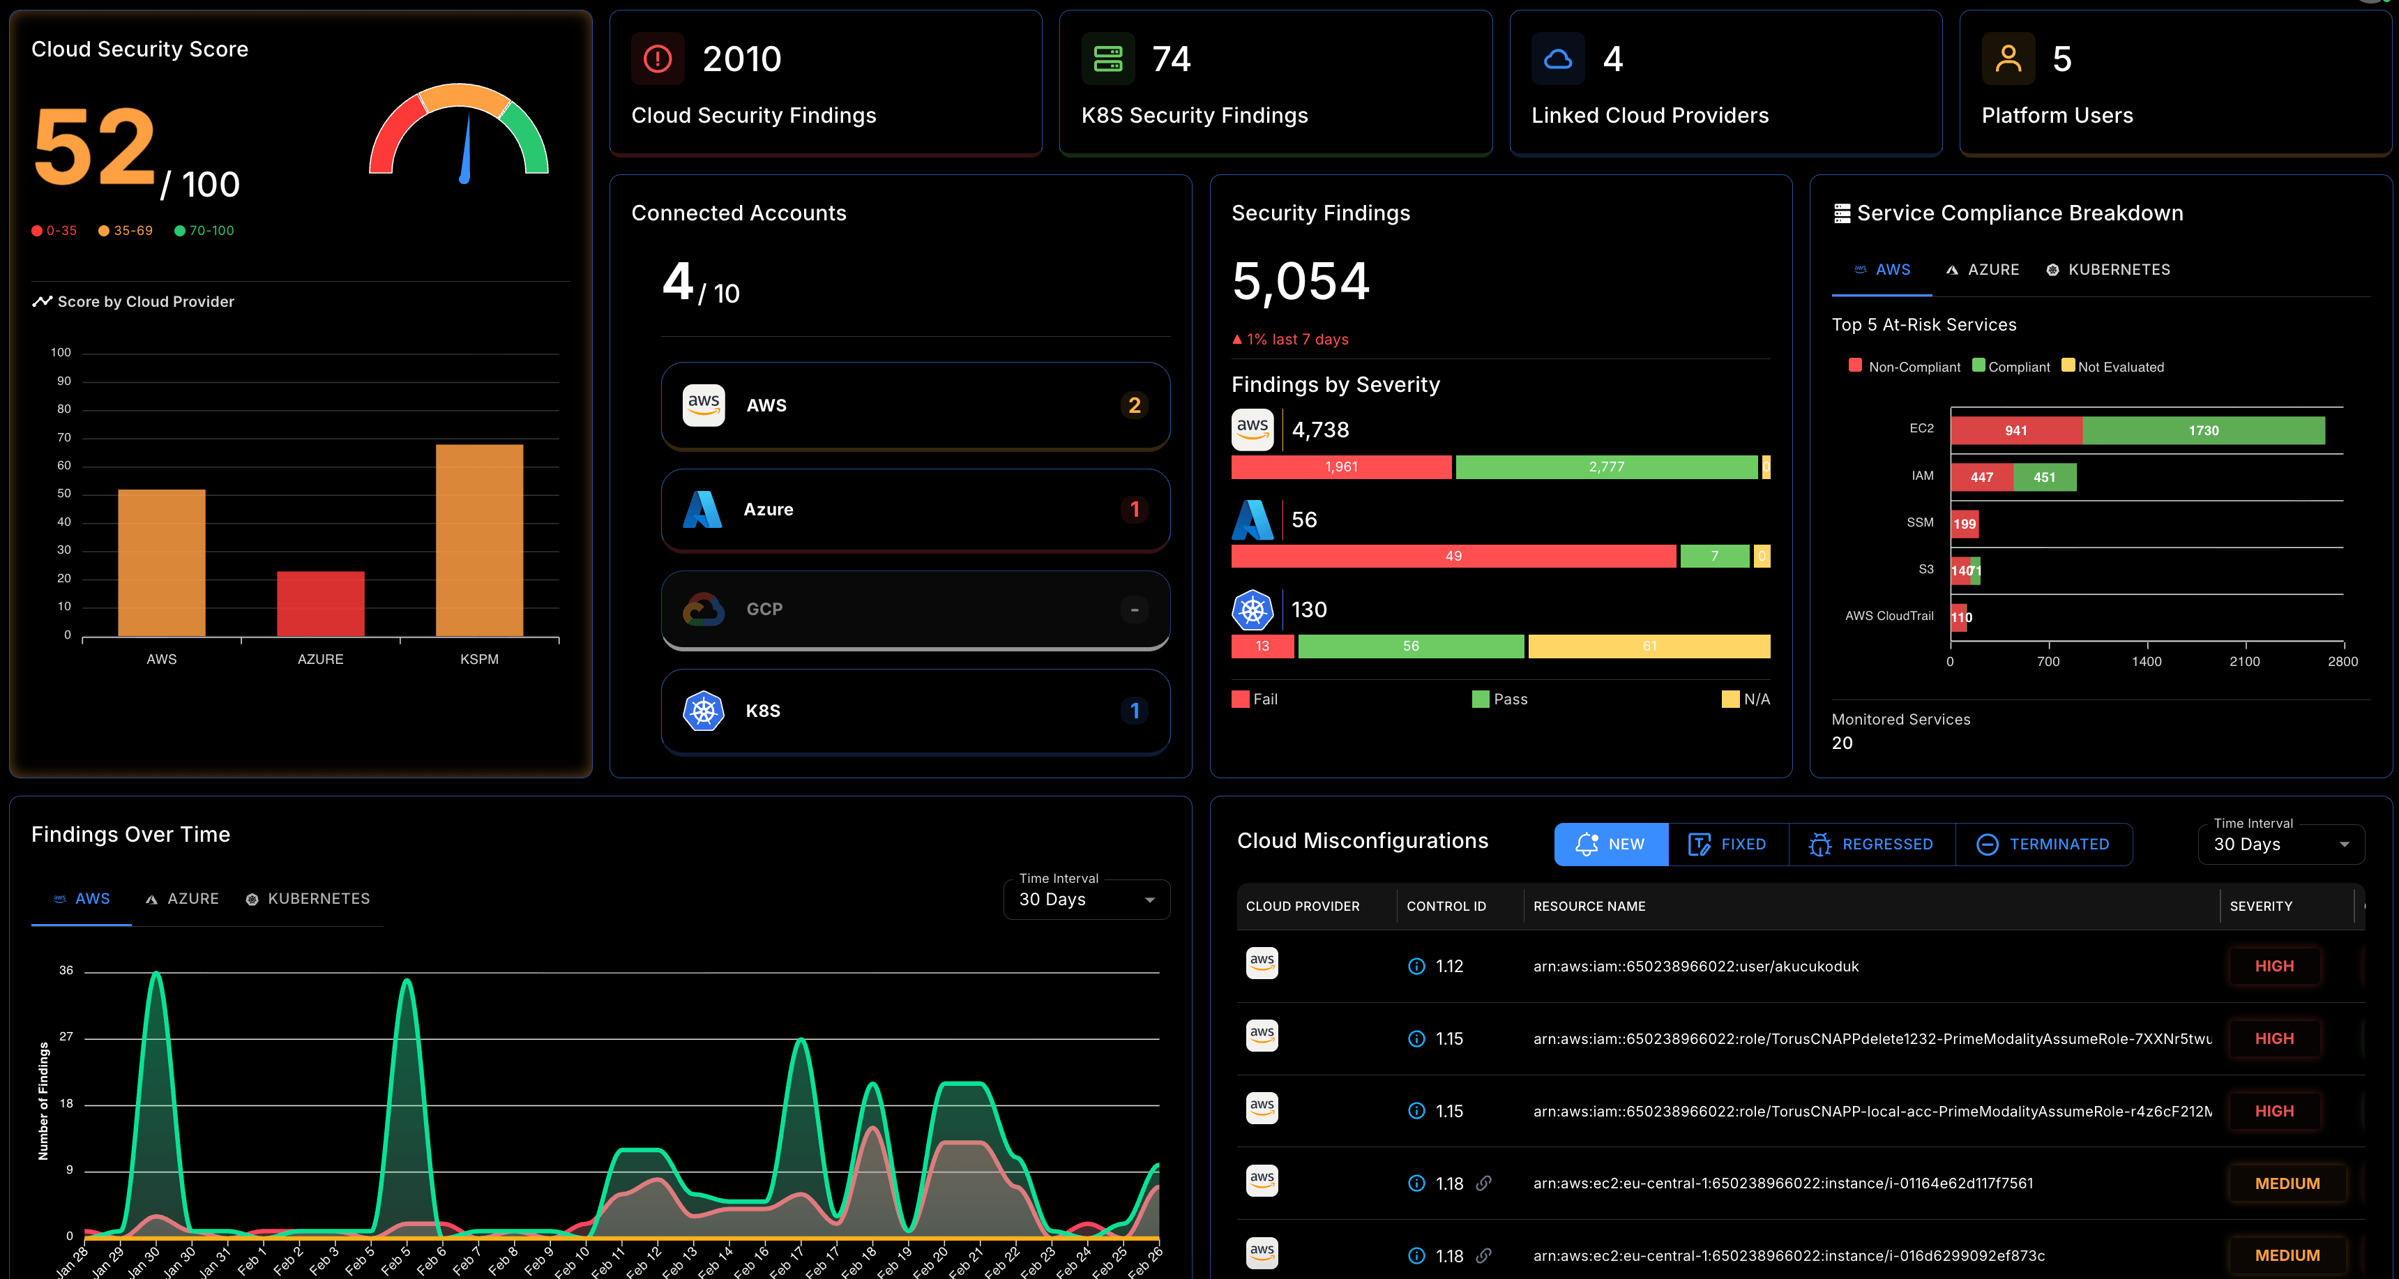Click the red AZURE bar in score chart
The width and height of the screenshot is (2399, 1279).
tap(320, 604)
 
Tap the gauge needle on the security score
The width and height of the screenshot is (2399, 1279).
tap(466, 149)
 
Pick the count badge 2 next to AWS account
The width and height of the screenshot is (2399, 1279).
tap(1133, 405)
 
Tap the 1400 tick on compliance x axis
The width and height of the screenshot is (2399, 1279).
tap(2146, 661)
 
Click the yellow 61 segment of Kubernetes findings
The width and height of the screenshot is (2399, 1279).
tap(1649, 646)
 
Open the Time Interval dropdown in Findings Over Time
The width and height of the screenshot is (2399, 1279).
tap(1086, 899)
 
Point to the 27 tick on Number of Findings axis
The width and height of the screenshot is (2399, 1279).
tap(66, 1037)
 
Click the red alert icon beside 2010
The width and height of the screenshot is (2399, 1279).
tap(658, 59)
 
